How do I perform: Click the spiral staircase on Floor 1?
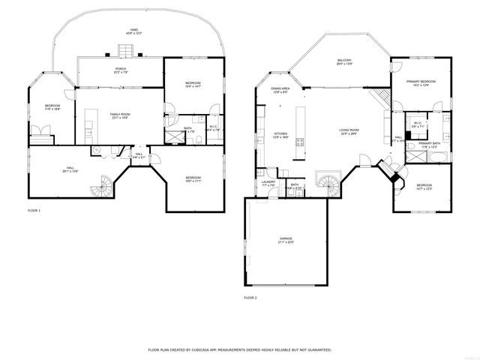[101, 187]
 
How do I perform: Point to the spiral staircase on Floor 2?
[328, 181]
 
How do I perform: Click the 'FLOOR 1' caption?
[34, 211]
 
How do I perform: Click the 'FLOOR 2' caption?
[250, 298]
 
